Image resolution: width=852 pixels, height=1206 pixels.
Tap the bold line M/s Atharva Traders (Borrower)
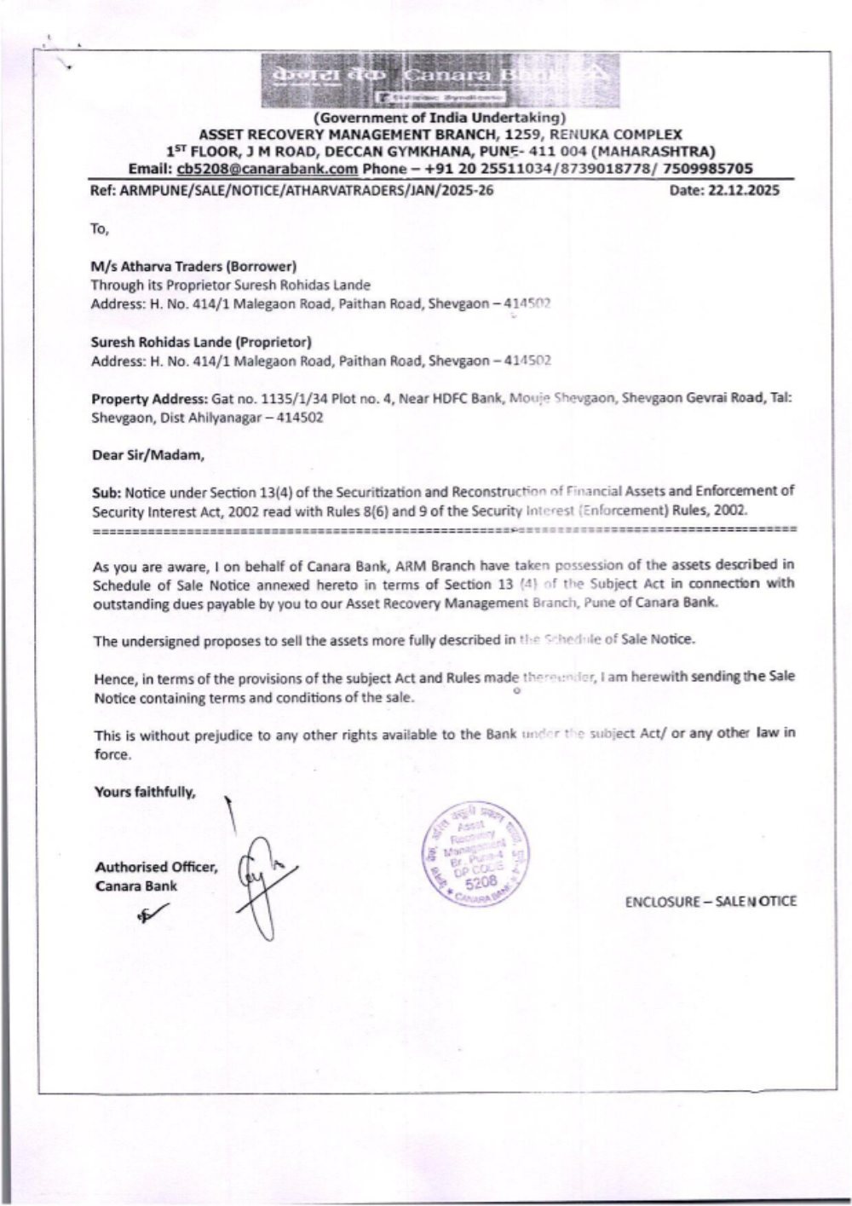point(193,267)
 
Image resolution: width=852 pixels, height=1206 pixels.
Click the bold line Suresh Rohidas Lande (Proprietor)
point(201,342)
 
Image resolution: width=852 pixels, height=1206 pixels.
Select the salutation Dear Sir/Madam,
point(147,455)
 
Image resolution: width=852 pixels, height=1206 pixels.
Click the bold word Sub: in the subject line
point(106,493)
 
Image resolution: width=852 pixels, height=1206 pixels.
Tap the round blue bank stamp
point(475,852)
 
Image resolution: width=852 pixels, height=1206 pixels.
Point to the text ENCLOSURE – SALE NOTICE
point(711,902)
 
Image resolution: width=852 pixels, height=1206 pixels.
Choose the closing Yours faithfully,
point(145,792)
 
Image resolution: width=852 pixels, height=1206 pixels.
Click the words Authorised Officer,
point(156,867)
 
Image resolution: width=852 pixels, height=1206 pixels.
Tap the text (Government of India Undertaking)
point(440,118)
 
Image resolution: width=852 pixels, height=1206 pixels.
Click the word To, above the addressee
point(101,228)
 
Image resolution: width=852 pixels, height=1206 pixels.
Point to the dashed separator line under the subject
point(443,529)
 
